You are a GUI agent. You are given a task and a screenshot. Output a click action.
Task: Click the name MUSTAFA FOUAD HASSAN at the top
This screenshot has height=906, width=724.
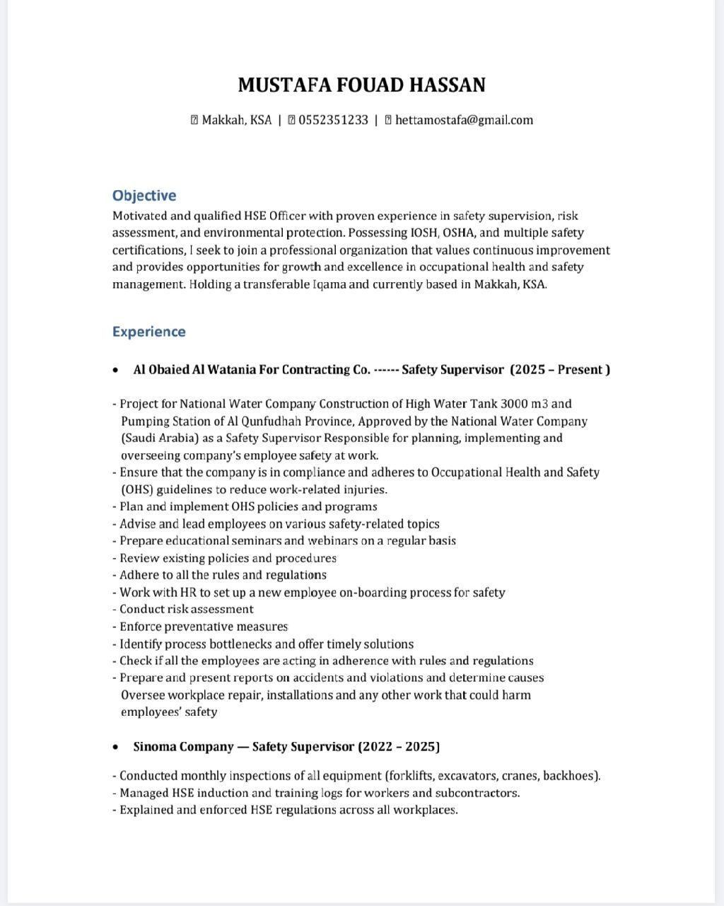coord(361,86)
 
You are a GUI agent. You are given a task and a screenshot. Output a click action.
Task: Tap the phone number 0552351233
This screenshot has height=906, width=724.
coord(333,120)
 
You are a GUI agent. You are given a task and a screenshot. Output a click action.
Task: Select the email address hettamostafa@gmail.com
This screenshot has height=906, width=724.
coord(464,120)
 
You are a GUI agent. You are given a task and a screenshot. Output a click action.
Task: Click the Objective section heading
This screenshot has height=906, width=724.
coord(144,196)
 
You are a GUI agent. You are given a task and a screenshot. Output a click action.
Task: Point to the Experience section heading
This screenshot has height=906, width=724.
coord(148,332)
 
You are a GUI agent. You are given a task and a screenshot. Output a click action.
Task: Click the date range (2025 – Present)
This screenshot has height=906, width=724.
coord(560,370)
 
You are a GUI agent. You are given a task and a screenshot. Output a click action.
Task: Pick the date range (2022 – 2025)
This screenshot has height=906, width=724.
coord(399,747)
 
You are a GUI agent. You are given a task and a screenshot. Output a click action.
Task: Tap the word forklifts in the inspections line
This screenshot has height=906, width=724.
coord(416,776)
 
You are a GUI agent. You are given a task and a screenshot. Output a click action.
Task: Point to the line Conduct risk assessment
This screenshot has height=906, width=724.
coord(186,610)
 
